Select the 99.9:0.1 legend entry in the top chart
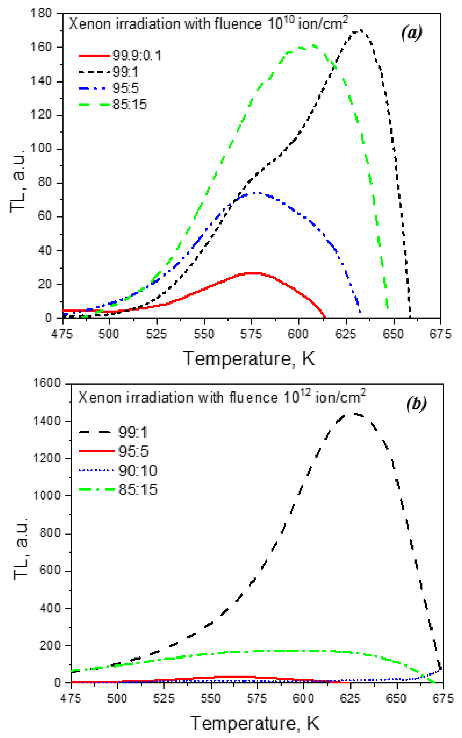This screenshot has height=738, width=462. [137, 56]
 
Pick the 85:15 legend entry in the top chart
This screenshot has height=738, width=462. [130, 104]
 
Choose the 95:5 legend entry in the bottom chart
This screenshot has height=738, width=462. [133, 451]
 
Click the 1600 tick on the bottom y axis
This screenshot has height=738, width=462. [47, 383]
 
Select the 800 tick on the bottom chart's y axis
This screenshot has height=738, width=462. [50, 533]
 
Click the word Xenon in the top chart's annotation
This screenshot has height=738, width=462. [90, 24]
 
